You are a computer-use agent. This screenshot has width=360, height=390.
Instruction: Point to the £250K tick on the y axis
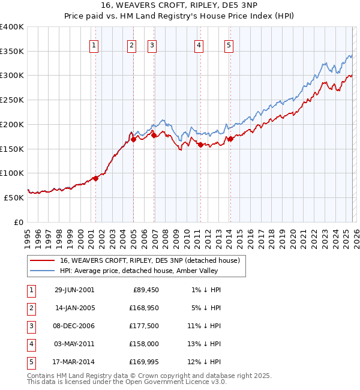[x=13, y=100]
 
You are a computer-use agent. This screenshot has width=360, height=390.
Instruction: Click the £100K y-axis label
[x=13, y=173]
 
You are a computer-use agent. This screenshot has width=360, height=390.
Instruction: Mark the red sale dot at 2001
[x=95, y=178]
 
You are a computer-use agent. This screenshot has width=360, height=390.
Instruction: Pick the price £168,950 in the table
[x=142, y=308]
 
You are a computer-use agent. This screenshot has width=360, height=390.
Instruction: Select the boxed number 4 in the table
[x=29, y=344]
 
